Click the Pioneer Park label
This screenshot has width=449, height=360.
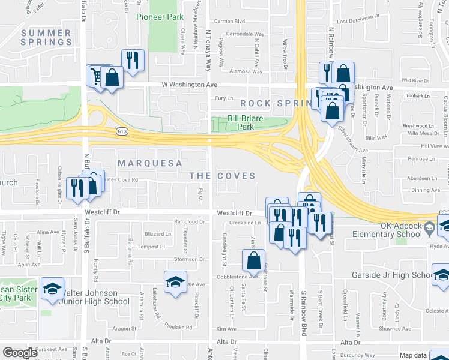pyautogui.click(x=159, y=17)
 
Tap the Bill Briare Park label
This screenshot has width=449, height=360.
pyautogui.click(x=246, y=122)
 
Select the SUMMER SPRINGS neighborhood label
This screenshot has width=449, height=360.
pyautogui.click(x=46, y=37)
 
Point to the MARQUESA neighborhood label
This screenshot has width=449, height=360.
pyautogui.click(x=146, y=163)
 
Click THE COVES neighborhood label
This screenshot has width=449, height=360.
pyautogui.click(x=222, y=176)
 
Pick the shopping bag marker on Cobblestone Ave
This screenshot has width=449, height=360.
pyautogui.click(x=253, y=260)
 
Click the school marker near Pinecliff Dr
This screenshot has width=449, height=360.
pyautogui.click(x=175, y=281)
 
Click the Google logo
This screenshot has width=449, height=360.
pyautogui.click(x=20, y=352)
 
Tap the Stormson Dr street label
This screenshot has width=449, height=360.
pyautogui.click(x=189, y=259)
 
